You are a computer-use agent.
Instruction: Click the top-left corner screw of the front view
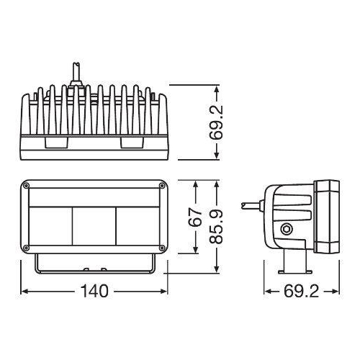pyautogui.click(x=27, y=186)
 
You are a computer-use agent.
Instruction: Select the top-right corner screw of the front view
pyautogui.click(x=161, y=186)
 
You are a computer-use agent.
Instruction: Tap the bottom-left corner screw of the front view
pyautogui.click(x=27, y=246)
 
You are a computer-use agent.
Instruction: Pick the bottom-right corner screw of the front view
pyautogui.click(x=161, y=246)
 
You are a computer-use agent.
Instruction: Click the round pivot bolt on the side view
pyautogui.click(x=288, y=230)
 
